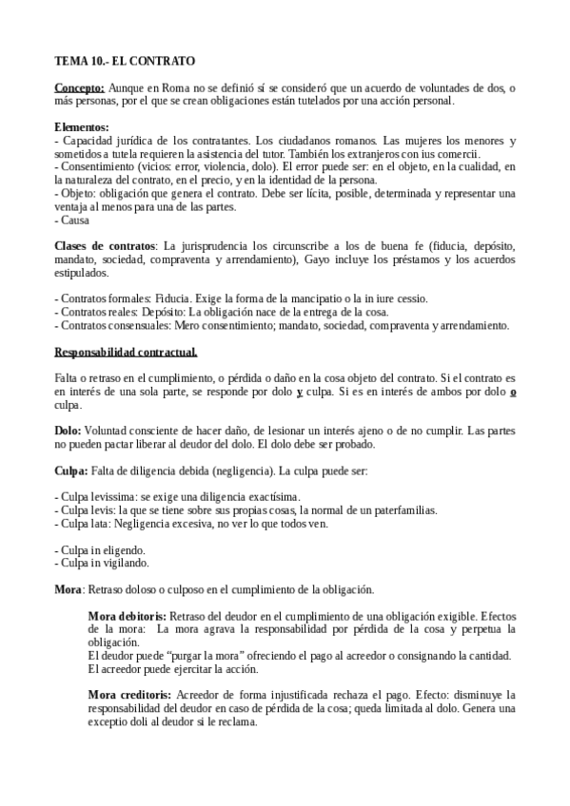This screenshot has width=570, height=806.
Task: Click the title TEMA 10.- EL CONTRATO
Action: pos(124,60)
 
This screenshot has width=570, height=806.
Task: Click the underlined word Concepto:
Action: pos(79,87)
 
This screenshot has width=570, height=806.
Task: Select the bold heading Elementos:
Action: pos(82,127)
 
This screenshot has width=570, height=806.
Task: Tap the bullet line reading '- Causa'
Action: pos(72,220)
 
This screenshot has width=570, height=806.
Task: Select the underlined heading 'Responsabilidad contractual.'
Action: pos(126,353)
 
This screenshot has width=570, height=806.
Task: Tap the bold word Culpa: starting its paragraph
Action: pos(71,470)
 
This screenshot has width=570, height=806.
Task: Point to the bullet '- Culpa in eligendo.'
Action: pos(100,550)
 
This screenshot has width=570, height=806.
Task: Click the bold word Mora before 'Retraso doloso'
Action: pos(69,589)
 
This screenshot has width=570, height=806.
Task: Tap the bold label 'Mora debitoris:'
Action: pos(127,616)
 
